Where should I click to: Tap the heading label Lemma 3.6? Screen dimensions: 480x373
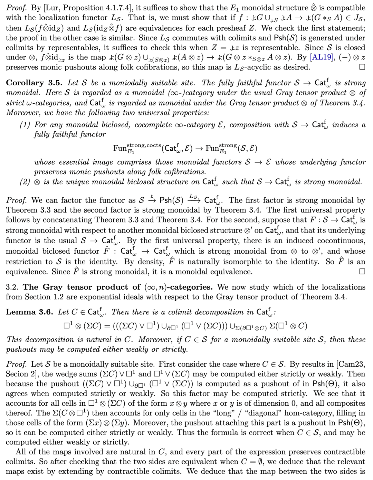coord(29,312)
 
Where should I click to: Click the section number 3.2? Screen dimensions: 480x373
coord(12,287)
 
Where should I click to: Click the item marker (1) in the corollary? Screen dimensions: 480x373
coord(25,125)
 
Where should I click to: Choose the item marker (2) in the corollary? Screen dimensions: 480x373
coord(25,182)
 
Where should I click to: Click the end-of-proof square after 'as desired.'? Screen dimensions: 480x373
coord(362,67)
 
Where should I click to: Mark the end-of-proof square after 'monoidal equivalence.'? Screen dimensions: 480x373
coord(362,272)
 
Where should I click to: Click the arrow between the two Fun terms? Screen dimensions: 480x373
coord(199,149)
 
